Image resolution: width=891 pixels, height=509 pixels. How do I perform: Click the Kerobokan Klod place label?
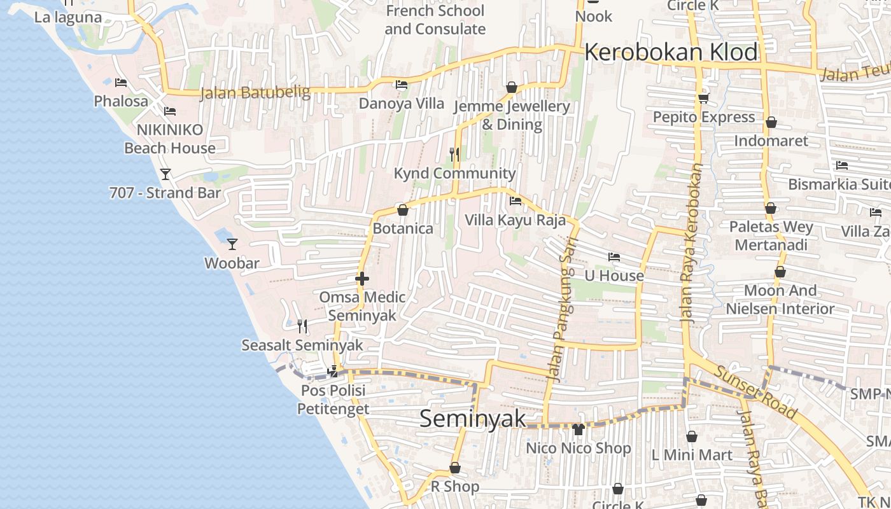click(671, 52)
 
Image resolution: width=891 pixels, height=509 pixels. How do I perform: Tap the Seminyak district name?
click(473, 418)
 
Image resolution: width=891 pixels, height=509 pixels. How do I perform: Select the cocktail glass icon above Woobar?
click(232, 244)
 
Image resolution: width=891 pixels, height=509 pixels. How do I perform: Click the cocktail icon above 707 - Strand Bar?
click(165, 174)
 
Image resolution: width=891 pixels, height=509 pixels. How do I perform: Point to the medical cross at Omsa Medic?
click(362, 279)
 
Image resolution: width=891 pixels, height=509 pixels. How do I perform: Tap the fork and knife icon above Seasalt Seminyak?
click(302, 326)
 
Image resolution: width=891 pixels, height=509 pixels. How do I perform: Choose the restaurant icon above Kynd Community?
click(454, 154)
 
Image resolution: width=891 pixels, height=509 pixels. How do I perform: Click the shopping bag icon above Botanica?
click(402, 210)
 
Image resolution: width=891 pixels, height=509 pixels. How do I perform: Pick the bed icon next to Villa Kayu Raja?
click(516, 201)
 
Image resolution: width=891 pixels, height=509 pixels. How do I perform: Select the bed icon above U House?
click(614, 257)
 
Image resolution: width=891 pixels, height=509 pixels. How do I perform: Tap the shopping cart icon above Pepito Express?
click(704, 98)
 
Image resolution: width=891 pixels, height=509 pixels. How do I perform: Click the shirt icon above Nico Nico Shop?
click(578, 429)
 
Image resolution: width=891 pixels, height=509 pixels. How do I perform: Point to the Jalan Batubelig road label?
click(255, 93)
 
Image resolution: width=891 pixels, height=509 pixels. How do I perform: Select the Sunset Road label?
click(756, 393)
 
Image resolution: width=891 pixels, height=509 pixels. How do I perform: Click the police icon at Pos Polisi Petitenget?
click(332, 372)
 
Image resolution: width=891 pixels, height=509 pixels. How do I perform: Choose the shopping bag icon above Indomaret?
click(771, 122)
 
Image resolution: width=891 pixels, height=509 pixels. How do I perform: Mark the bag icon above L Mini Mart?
click(692, 436)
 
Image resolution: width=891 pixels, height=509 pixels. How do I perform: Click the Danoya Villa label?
click(402, 103)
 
